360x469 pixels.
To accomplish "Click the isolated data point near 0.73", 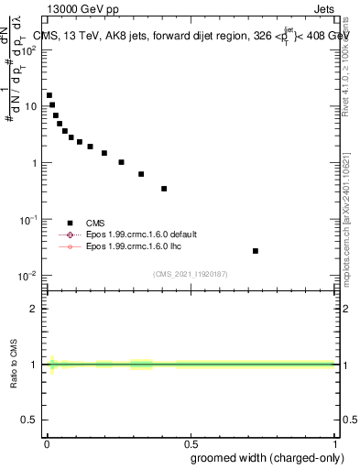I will click(x=256, y=251).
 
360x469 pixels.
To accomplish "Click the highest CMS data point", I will click(x=49, y=95).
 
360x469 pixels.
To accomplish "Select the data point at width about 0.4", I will click(x=164, y=189).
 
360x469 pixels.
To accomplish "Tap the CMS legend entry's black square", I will click(x=70, y=223).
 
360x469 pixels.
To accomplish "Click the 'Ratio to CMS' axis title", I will click(x=14, y=364).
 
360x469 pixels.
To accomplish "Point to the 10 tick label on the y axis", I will click(x=30, y=106).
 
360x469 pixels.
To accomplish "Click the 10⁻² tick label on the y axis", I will click(x=28, y=276).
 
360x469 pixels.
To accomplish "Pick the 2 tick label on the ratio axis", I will click(x=34, y=309).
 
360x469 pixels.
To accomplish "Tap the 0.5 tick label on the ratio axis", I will click(x=30, y=420).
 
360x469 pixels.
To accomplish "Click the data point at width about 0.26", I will click(x=121, y=162).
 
